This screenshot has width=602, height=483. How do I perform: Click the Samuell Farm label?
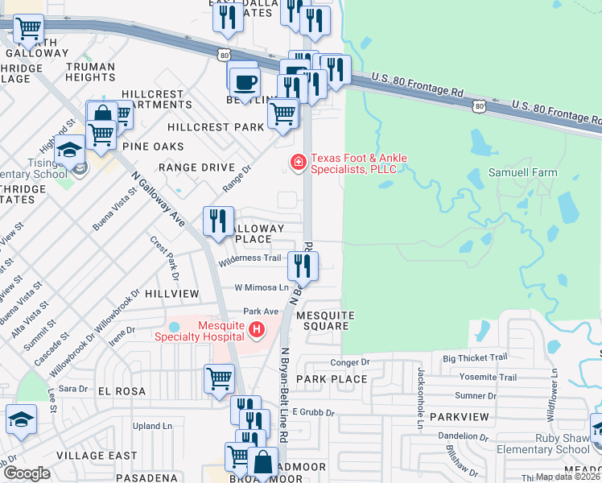tap(522, 173)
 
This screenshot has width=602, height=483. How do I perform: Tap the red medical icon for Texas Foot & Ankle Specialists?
tap(298, 163)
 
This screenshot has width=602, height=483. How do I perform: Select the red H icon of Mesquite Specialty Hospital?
tap(257, 328)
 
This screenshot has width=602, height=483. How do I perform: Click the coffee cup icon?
tap(245, 81)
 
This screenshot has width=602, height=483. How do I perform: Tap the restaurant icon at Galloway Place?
tap(218, 221)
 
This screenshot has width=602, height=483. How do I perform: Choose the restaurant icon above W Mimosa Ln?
tap(303, 266)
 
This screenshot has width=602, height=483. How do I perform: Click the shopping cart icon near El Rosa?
tap(219, 378)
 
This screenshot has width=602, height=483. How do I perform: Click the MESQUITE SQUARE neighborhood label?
tap(323, 320)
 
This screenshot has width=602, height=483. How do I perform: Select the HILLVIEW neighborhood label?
tap(172, 295)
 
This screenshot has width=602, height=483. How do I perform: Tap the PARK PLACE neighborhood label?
tap(332, 378)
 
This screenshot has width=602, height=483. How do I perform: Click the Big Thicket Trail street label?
tap(475, 357)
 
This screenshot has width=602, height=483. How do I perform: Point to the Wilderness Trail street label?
tap(249, 258)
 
